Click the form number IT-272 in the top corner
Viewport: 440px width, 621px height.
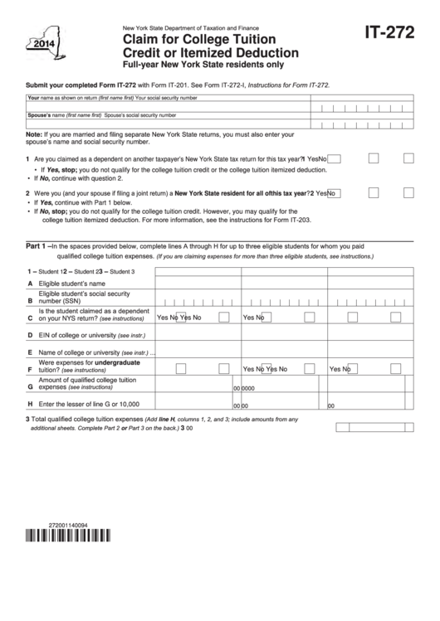point(389,35)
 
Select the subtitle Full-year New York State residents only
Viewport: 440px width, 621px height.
point(196,63)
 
